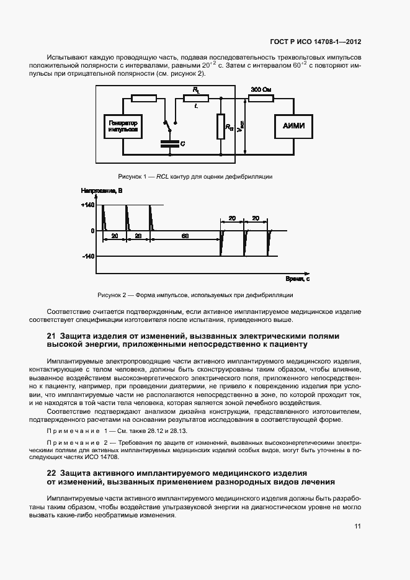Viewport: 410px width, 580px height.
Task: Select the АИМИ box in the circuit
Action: point(294,127)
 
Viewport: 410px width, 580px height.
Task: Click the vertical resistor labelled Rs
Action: point(220,127)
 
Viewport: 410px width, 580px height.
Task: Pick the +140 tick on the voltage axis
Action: point(87,205)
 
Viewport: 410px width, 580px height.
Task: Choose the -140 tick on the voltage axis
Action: point(87,256)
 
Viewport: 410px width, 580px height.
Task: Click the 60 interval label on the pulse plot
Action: point(185,236)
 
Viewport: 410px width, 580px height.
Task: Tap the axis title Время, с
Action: point(298,279)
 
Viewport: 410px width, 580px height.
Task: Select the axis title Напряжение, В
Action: point(102,192)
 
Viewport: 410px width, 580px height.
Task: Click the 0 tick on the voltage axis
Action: point(92,231)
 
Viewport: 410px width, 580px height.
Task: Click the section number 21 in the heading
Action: point(51,336)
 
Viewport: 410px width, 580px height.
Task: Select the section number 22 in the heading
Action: point(51,473)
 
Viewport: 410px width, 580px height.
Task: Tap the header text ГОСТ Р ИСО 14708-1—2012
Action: point(316,42)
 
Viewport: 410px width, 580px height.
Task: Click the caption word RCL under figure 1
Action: point(162,177)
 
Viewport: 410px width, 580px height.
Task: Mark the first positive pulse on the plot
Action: point(104,217)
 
